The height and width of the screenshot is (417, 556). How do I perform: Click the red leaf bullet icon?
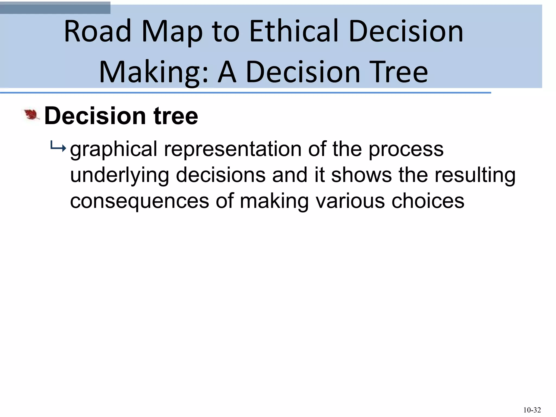click(x=31, y=115)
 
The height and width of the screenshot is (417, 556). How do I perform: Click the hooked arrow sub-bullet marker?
click(x=58, y=148)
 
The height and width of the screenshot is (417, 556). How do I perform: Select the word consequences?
click(x=140, y=201)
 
